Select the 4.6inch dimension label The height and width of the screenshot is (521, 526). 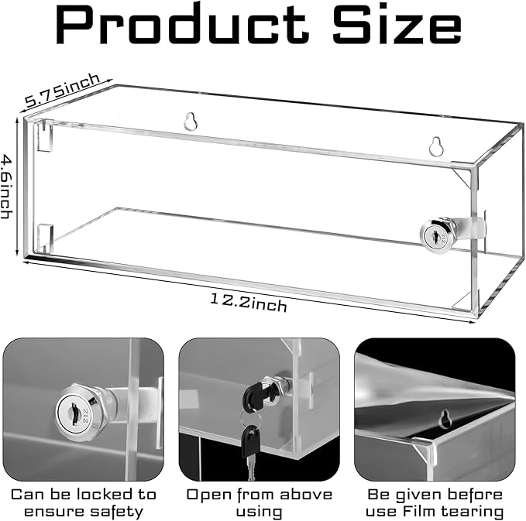9,185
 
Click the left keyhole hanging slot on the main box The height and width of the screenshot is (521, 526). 191,121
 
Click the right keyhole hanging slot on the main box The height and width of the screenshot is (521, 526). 438,146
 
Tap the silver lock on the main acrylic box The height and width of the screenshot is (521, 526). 436,232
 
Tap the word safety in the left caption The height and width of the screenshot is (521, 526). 119,511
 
